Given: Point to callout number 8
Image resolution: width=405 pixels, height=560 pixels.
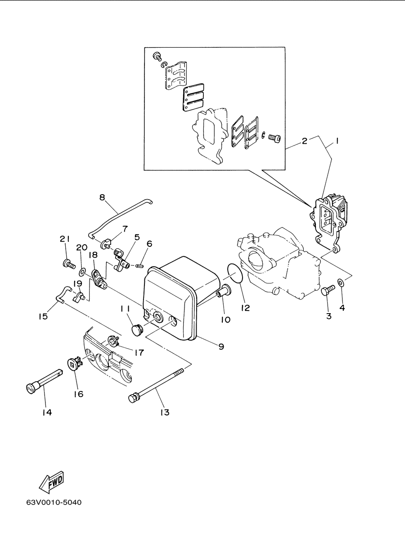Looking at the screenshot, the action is coord(102,197).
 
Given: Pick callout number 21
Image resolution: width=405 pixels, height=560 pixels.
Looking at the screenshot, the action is coord(65,239).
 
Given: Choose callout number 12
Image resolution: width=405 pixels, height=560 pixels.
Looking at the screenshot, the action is coord(245,308).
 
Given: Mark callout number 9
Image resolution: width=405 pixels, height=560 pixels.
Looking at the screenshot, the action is coord(221,346).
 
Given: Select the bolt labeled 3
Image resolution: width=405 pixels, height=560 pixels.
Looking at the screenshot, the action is coord(327,291).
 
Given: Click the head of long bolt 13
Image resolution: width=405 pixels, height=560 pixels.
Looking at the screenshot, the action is coord(133,398).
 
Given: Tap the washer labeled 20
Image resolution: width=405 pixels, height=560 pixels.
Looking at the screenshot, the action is coord(82,271).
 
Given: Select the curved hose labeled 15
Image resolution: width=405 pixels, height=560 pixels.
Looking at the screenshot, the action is coord(62,294).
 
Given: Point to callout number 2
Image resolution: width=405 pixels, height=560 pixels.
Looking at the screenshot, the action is coord(304,141).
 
